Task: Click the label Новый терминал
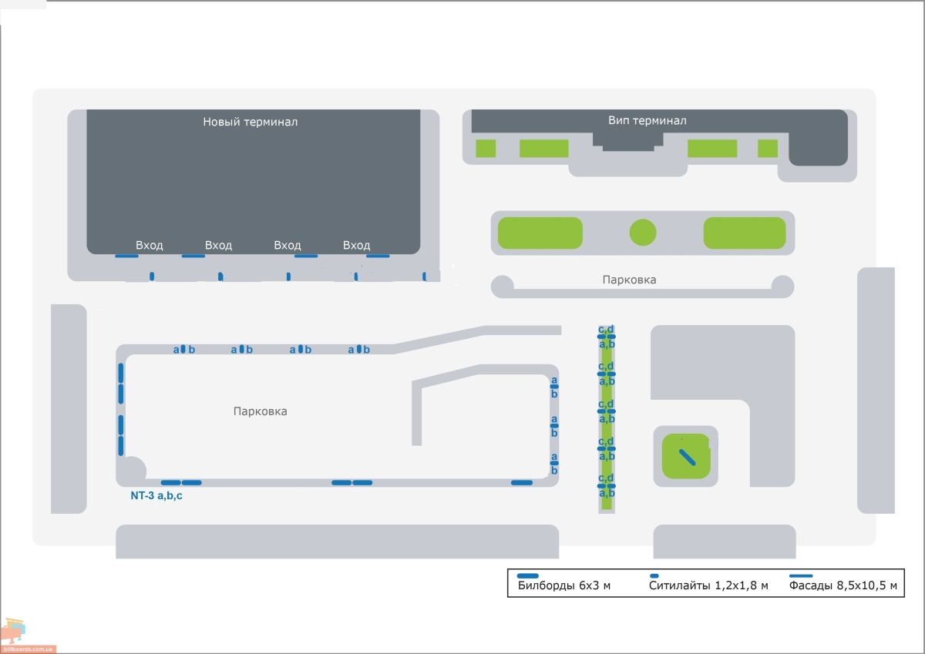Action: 251,122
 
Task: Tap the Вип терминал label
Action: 647,120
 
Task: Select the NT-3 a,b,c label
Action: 156,495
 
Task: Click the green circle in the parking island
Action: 643,233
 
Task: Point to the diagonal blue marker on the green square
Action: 688,457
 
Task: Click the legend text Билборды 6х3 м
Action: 563,585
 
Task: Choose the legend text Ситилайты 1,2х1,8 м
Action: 708,585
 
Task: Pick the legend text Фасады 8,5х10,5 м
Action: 843,585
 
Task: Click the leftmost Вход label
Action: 149,246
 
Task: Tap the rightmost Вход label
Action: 356,246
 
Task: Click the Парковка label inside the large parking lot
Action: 261,411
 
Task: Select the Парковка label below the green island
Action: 629,280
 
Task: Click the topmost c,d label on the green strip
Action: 606,329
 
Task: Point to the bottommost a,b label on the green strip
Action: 607,493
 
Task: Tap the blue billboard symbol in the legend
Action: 528,575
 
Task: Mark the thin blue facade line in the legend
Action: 801,575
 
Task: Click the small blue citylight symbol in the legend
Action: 654,575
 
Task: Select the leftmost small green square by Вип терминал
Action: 486,149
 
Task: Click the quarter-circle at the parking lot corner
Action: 135,468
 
